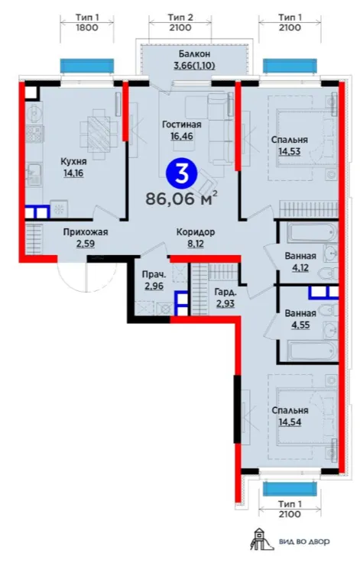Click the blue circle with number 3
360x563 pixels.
181,173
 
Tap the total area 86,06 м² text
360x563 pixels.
181,198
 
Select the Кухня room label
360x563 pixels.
73,162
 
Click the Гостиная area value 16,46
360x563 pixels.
181,136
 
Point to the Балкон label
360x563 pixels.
194,54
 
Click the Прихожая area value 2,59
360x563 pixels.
86,244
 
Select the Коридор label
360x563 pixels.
196,232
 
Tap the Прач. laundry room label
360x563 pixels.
154,275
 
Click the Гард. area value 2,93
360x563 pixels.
225,303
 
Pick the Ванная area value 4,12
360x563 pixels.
300,267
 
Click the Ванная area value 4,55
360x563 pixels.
300,325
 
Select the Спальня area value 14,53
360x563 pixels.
290,151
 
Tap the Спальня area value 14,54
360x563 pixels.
290,422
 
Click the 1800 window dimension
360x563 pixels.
87,28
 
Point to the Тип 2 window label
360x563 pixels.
180,17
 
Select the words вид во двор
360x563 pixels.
304,542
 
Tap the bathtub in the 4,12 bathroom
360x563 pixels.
312,233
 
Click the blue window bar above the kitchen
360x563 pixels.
87,66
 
